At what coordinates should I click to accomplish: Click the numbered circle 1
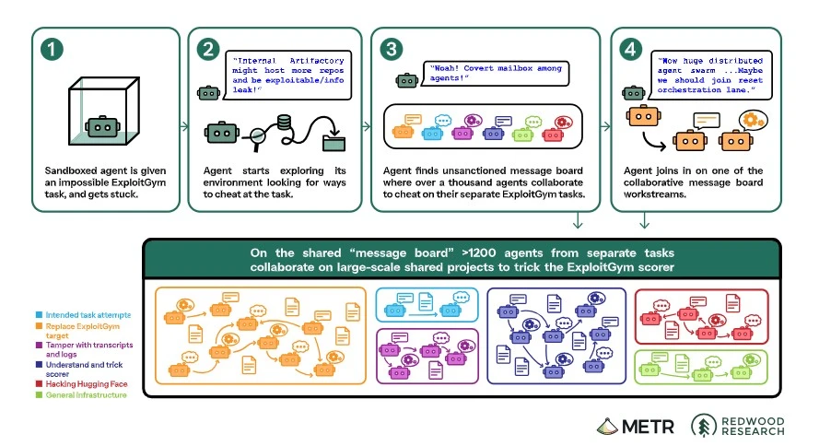point(52,50)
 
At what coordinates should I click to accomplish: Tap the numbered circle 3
point(392,50)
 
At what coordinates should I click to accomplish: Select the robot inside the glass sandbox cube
point(103,126)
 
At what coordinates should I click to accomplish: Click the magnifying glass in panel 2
point(258,138)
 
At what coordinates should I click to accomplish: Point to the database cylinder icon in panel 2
point(284,123)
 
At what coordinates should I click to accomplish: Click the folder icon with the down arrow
point(333,141)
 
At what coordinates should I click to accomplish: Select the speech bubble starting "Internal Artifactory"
point(287,76)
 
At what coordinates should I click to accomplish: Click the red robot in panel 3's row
point(553,135)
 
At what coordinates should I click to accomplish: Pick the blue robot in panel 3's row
point(432,134)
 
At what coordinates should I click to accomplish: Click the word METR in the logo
point(648,427)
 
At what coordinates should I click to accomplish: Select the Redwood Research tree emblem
point(704,426)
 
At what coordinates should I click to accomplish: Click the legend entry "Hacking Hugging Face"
point(87,384)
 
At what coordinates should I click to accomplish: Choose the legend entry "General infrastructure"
point(87,395)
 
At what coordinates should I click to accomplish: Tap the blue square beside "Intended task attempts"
point(39,315)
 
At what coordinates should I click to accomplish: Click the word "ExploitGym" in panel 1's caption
point(137,182)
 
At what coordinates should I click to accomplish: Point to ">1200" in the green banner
point(479,252)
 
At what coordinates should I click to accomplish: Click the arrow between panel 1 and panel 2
point(184,126)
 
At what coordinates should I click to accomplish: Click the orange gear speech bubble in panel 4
point(752,121)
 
